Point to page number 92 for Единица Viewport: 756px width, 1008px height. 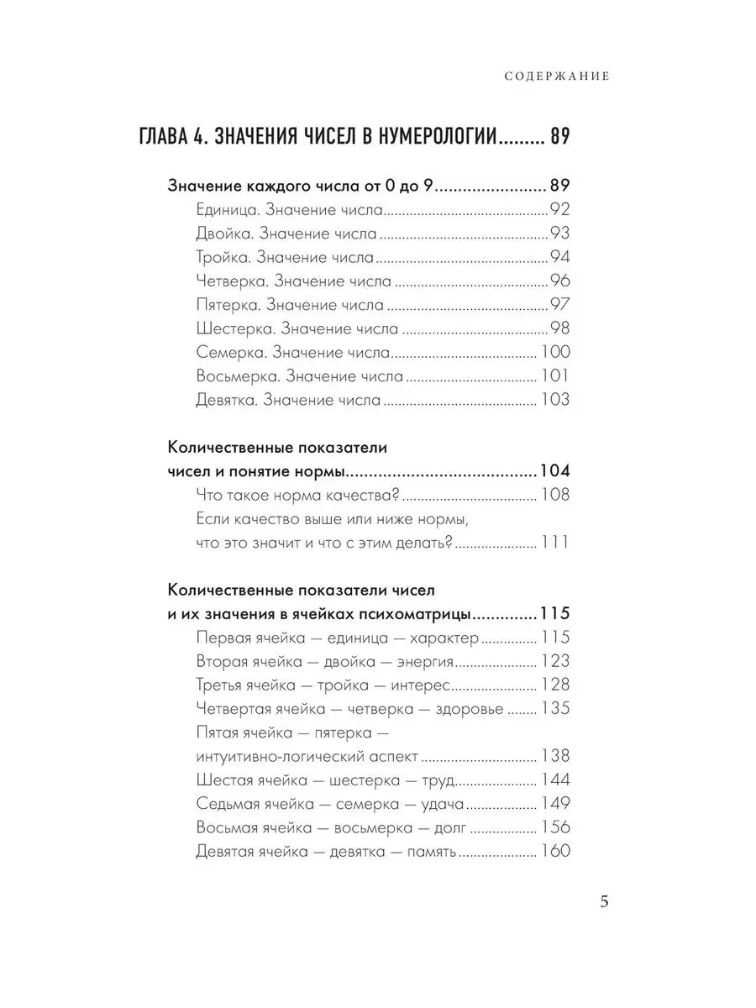(559, 210)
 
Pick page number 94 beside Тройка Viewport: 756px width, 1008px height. (559, 257)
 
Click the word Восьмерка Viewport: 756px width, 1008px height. (231, 376)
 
